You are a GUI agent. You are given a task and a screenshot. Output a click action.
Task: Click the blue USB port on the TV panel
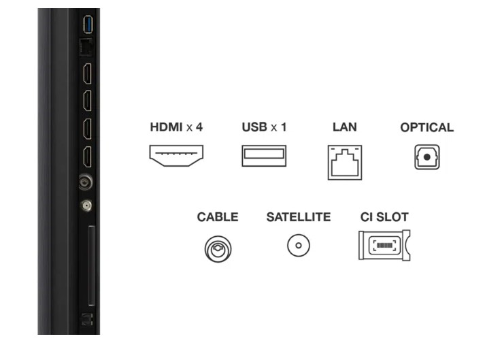(x=88, y=24)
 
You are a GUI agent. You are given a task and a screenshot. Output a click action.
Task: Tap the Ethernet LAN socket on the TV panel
(x=86, y=47)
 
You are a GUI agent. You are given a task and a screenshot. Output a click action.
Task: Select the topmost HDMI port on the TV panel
(x=88, y=73)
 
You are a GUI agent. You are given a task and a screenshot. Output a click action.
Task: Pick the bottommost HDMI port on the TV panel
(x=88, y=157)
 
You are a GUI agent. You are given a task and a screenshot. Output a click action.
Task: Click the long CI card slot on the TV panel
(x=92, y=265)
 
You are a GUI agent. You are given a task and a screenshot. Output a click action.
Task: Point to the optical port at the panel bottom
(x=87, y=319)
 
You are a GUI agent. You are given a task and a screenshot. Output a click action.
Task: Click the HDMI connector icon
(x=176, y=156)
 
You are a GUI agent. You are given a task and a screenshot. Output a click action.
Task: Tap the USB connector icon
(x=264, y=156)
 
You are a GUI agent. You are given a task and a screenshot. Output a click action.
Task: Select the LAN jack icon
(x=345, y=163)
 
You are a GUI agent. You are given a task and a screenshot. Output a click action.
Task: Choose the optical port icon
(x=427, y=157)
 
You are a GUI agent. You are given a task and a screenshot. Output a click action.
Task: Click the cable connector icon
(x=218, y=248)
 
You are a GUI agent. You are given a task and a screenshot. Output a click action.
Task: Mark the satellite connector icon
(x=299, y=246)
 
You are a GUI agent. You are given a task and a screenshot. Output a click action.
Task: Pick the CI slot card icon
(x=384, y=245)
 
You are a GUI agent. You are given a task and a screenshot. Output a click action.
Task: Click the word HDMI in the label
(x=166, y=127)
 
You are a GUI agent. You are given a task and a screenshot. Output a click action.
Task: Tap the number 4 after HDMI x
(x=199, y=127)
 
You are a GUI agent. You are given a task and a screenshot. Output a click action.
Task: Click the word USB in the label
(x=254, y=127)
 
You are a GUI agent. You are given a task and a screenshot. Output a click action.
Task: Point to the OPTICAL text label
(x=427, y=127)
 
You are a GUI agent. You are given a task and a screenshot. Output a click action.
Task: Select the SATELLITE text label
(x=299, y=217)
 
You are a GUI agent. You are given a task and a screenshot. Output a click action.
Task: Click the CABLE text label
(x=218, y=217)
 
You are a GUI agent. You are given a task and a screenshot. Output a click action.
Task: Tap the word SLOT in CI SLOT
(x=392, y=217)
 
